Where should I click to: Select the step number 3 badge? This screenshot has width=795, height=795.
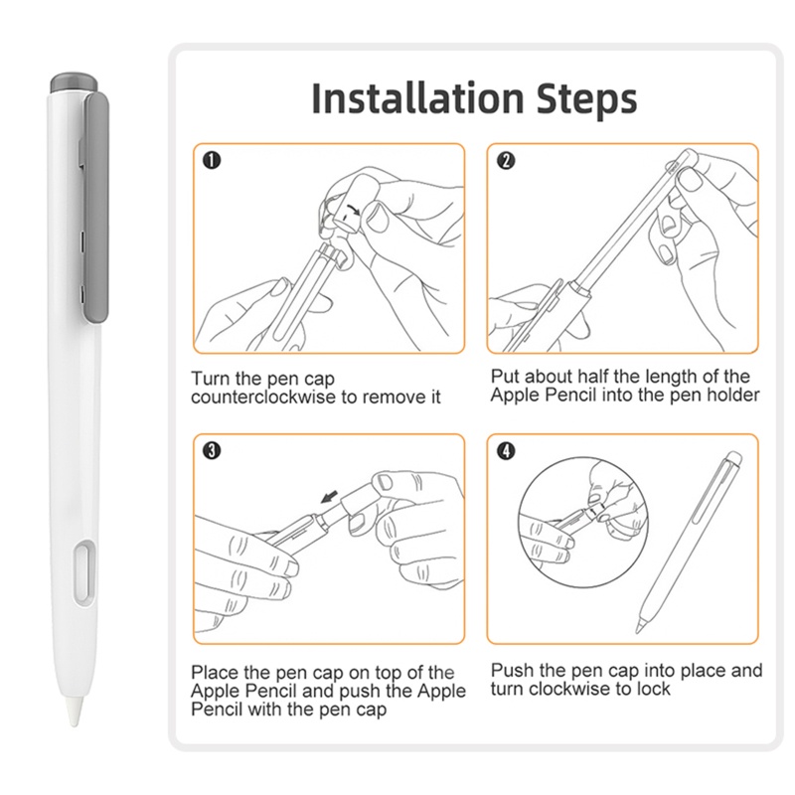point(211,451)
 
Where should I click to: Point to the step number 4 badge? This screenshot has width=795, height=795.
point(506,451)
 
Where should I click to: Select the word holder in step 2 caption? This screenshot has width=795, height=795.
point(734,395)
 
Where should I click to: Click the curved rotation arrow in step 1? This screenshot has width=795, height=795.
point(349,208)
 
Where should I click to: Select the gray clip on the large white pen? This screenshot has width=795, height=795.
point(96,209)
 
